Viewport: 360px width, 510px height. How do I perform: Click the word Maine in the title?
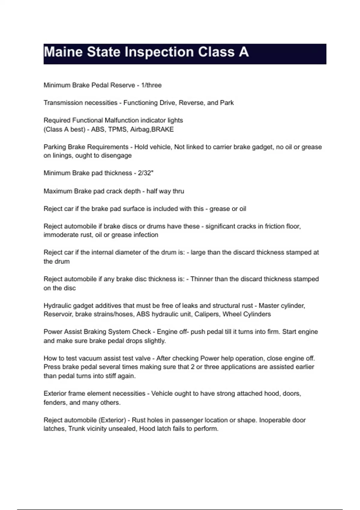[x=63, y=52]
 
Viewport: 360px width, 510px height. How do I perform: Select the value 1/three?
[x=151, y=85]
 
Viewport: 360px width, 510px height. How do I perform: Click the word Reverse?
[x=191, y=103]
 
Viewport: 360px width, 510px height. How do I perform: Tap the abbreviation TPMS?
[x=117, y=129]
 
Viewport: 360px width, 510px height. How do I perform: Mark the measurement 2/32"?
[x=145, y=173]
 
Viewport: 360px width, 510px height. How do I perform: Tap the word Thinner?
[x=202, y=279]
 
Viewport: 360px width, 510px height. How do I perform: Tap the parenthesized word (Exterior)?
[x=112, y=420]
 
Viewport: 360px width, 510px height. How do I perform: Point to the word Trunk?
[x=76, y=429]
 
